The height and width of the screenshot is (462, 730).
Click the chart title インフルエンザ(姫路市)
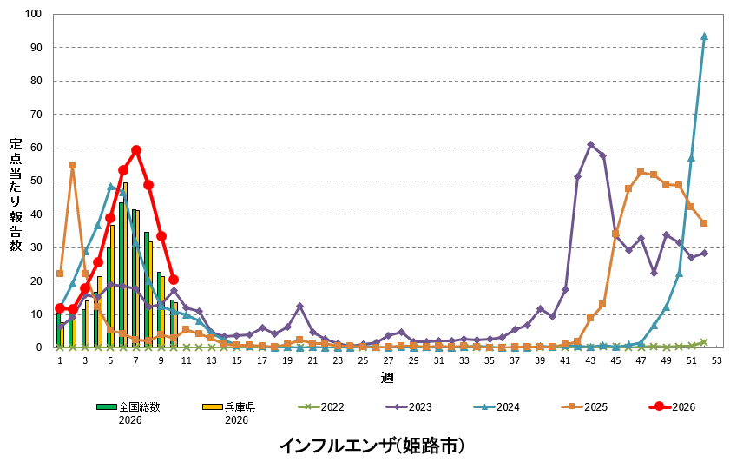[x=372, y=445]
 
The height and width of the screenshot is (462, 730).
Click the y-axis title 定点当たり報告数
[x=16, y=195]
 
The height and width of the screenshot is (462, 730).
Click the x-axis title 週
[x=386, y=378]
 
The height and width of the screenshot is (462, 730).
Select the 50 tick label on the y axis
[x=36, y=181]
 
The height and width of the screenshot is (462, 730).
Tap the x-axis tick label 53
[x=716, y=360]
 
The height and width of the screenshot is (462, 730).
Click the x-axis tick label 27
[x=388, y=360]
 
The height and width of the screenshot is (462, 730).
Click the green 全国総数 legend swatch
[x=106, y=406]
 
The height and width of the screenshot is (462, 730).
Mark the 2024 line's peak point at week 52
[x=704, y=36]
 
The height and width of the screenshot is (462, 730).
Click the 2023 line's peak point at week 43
[x=590, y=145]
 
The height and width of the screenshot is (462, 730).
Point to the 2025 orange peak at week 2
[x=72, y=165]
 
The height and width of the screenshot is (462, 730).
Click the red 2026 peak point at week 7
[x=136, y=150]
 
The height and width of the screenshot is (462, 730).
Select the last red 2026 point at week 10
[x=174, y=280]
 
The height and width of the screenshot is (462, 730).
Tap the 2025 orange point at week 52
[x=704, y=223]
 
